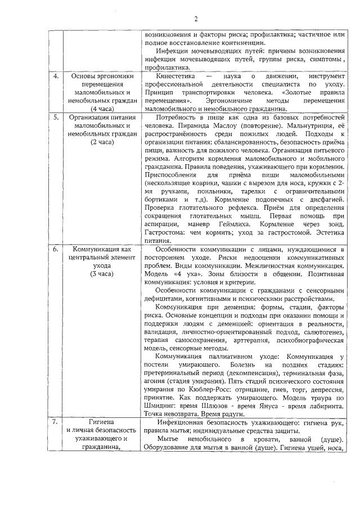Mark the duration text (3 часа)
coord(102,274)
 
